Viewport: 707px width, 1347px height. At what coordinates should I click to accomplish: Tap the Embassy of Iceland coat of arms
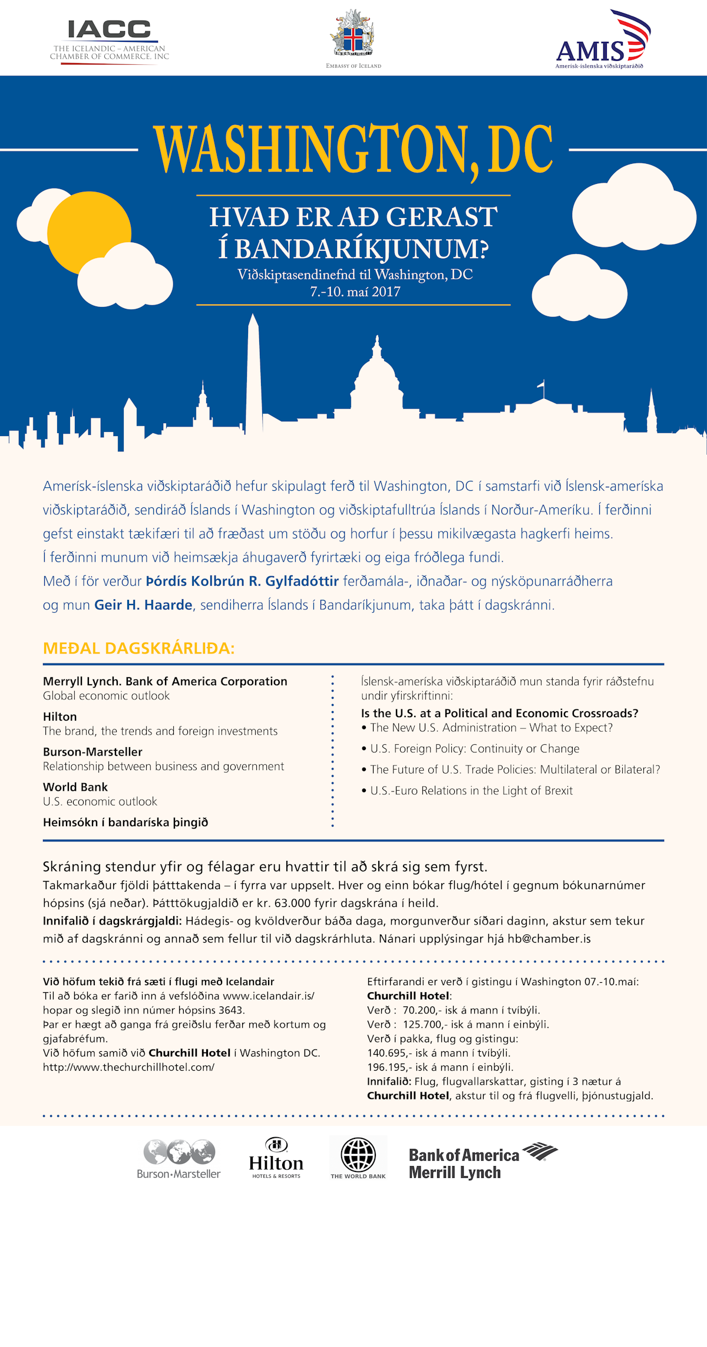pos(353,34)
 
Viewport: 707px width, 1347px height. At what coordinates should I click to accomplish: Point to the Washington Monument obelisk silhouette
pos(254,377)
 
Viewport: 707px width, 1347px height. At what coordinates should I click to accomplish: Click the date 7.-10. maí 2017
pos(355,292)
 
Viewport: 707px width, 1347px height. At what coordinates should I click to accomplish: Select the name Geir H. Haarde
pos(143,605)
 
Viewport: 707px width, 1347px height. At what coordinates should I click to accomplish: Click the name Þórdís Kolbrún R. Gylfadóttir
pos(242,582)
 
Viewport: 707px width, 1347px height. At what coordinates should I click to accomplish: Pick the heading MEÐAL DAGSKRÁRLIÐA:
pos(139,649)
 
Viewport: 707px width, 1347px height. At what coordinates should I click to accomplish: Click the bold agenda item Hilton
pos(60,717)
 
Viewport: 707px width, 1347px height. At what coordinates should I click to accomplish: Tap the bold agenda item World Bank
pos(75,787)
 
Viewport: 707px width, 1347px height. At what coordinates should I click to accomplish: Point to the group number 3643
pos(230,1010)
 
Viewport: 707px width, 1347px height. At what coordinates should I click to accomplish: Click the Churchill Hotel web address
pos(128,1067)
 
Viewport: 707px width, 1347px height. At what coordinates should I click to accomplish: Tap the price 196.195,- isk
pos(390,1067)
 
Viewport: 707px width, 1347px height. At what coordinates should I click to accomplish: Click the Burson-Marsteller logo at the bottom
pos(179,1159)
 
